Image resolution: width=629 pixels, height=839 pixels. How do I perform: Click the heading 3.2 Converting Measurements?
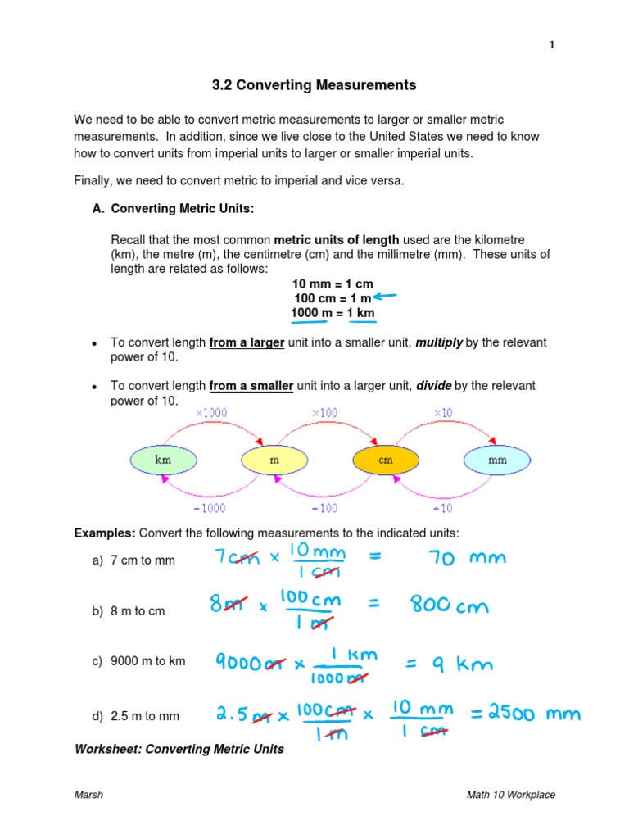point(314,85)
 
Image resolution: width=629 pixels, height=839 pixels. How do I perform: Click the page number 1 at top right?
point(552,46)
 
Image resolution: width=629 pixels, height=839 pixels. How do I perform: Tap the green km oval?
point(163,460)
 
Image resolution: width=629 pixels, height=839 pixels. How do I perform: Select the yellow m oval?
point(274,460)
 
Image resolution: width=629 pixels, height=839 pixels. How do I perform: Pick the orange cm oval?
point(386,460)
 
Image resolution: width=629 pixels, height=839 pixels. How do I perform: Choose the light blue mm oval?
point(497,460)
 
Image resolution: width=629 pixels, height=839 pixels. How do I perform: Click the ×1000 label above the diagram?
point(211,413)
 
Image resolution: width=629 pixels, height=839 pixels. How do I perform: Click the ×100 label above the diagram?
point(324,413)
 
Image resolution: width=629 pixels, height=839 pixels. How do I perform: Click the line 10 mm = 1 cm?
point(333,283)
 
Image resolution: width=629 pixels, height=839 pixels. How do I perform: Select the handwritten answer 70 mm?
point(468,559)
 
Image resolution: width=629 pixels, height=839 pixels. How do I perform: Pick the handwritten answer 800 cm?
point(450,606)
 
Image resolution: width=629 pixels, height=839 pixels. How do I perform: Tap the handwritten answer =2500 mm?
point(525,714)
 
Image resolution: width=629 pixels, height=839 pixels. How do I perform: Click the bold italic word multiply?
point(439,342)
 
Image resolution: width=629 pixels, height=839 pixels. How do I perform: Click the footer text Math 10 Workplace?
point(511,795)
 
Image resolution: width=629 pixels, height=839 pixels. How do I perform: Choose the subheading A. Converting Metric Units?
point(174,209)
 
